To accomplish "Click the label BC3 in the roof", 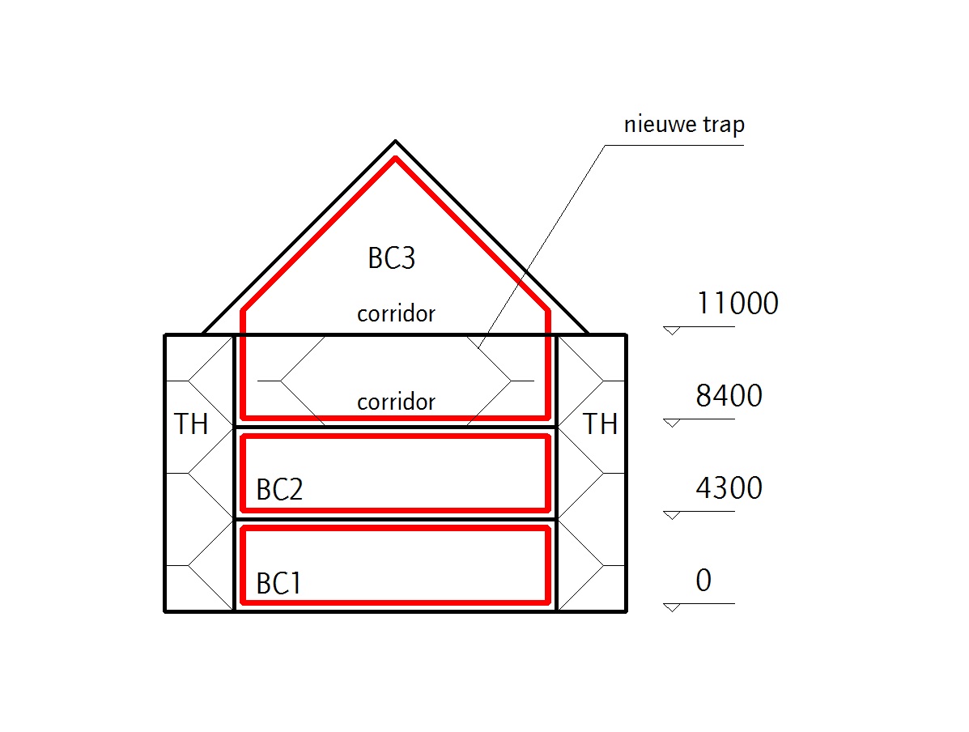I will (x=392, y=258).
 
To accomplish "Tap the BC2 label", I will (x=279, y=491).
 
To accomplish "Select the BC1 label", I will (x=279, y=584).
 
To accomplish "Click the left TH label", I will (x=192, y=424).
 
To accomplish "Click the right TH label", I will (x=601, y=424).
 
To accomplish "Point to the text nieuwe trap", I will (x=684, y=126).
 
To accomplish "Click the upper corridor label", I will (x=397, y=313).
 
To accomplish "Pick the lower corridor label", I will (x=397, y=401).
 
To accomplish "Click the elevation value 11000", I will (x=737, y=304).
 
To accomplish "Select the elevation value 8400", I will (x=729, y=396).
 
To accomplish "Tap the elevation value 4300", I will (x=729, y=488).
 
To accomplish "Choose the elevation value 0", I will (x=703, y=581).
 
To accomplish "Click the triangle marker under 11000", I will (x=671, y=330).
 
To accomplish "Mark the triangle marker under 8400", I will (x=671, y=423).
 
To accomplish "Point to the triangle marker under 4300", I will (x=671, y=515).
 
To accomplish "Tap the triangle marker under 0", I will (x=671, y=607).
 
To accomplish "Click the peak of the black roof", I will (x=395, y=141).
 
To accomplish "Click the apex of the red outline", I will (x=395, y=159).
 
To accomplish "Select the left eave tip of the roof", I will (x=202, y=334).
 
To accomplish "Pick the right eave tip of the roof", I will (x=588, y=334).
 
